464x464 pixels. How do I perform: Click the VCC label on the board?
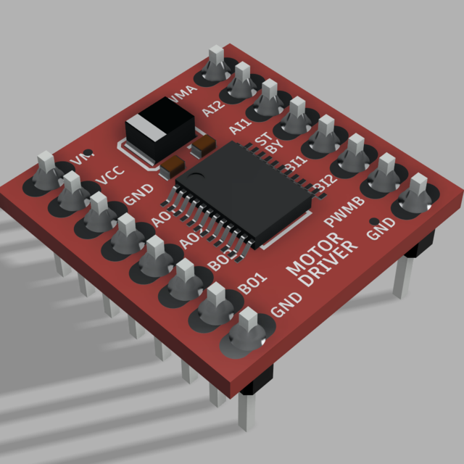(109, 176)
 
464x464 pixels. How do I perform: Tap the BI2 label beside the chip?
(325, 185)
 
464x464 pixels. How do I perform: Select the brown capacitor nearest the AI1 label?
(203, 144)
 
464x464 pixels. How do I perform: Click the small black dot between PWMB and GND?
(373, 220)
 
